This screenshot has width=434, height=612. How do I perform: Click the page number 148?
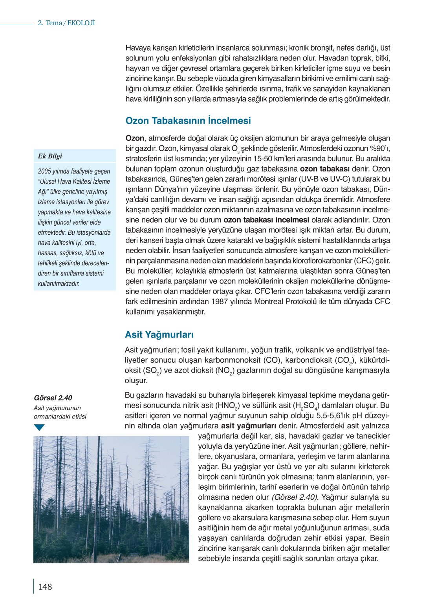pos(45,587)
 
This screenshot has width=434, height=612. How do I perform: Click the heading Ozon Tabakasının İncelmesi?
pos(188,121)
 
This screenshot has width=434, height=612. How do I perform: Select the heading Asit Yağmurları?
pos(159,334)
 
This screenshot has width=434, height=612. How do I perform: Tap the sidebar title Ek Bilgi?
pos(50,156)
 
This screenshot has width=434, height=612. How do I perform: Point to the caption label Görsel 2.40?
pos(53,398)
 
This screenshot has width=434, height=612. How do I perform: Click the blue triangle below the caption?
pos(39,427)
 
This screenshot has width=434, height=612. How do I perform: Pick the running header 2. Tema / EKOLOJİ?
pos(66,23)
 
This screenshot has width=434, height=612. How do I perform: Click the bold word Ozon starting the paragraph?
pos(135,138)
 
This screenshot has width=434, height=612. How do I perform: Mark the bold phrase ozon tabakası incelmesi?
pos(266,220)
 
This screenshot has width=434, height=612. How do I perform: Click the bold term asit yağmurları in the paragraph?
pos(248,426)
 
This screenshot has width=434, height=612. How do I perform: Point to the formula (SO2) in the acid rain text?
pos(143,371)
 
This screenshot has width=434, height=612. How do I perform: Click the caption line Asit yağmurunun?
pos(57,408)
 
